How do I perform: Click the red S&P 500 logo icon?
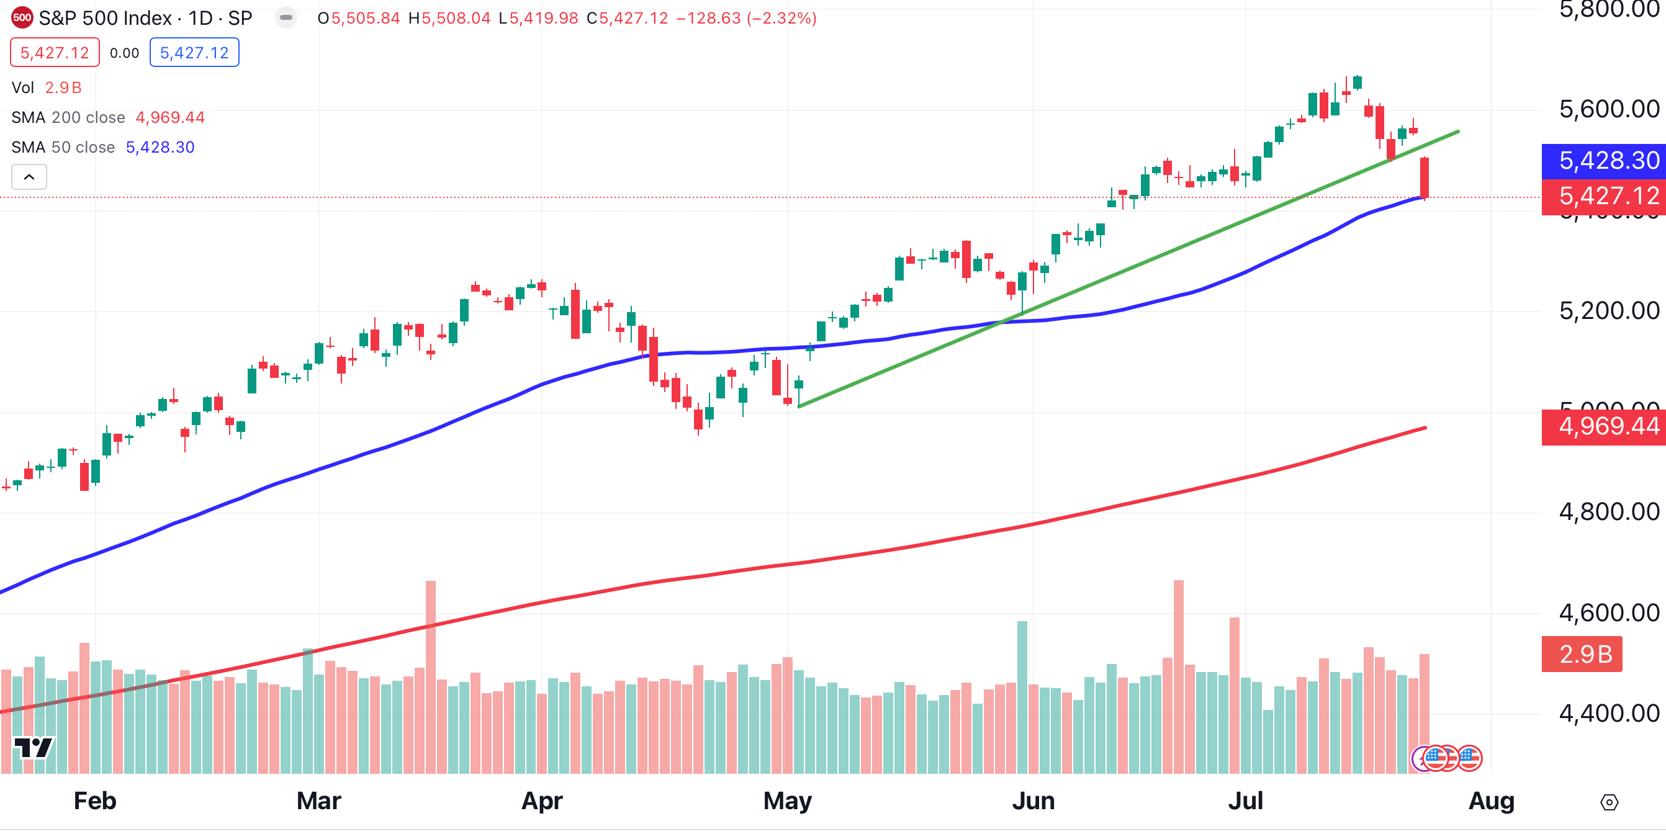pyautogui.click(x=22, y=17)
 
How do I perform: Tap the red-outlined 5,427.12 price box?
pyautogui.click(x=55, y=52)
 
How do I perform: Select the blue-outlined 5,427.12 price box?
pyautogui.click(x=194, y=52)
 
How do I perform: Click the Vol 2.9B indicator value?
pyautogui.click(x=63, y=87)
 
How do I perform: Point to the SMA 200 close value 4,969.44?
pyautogui.click(x=169, y=117)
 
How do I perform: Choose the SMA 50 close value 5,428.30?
pyautogui.click(x=160, y=148)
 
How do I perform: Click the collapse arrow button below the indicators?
pyautogui.click(x=29, y=176)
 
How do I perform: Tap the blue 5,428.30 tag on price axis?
pyautogui.click(x=1603, y=160)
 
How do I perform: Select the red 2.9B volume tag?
pyautogui.click(x=1582, y=654)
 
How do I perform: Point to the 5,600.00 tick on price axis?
pyautogui.click(x=1608, y=109)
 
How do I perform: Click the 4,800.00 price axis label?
pyautogui.click(x=1608, y=512)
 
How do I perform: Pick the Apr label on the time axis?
pyautogui.click(x=541, y=801)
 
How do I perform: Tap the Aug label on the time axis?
pyautogui.click(x=1491, y=801)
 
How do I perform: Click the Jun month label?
pyautogui.click(x=1033, y=801)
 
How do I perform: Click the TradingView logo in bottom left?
pyautogui.click(x=33, y=748)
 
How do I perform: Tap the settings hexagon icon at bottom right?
pyautogui.click(x=1609, y=802)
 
